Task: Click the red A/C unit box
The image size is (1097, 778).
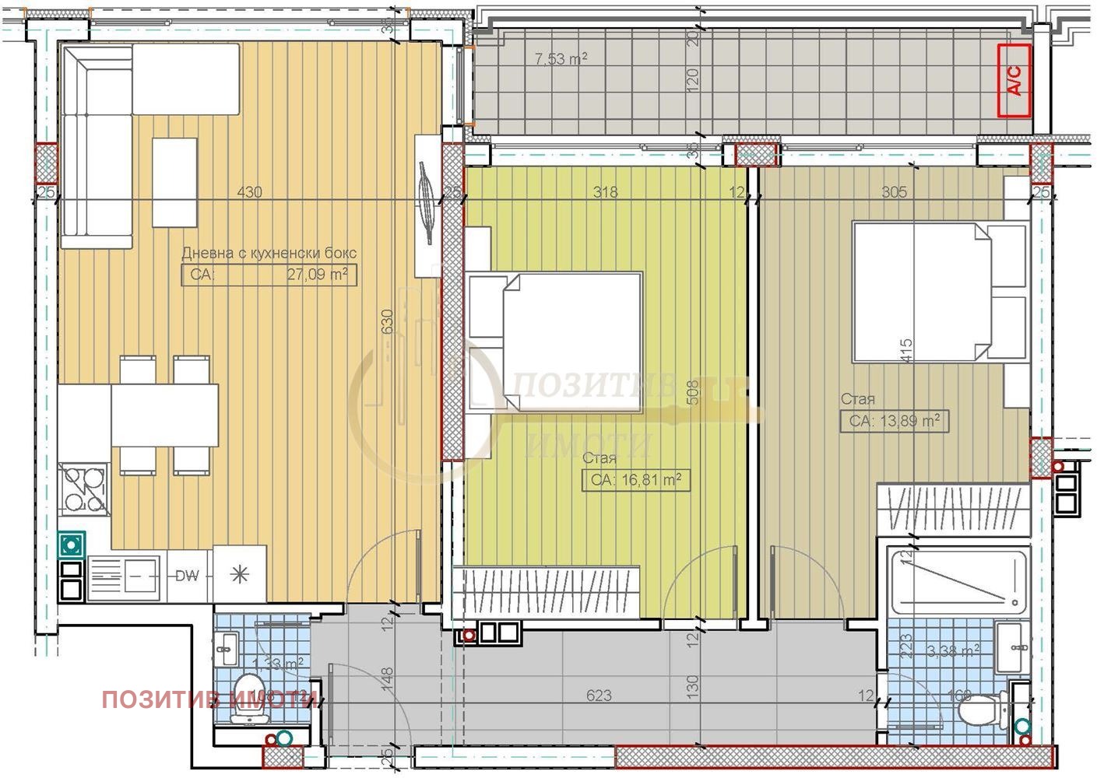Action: tap(1014, 80)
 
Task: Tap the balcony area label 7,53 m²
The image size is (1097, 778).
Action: tap(561, 58)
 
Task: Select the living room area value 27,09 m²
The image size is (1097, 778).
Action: tap(320, 275)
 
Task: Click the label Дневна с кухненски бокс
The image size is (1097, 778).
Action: tap(269, 253)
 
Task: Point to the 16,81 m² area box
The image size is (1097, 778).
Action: tap(636, 480)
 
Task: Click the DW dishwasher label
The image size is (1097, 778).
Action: tap(187, 576)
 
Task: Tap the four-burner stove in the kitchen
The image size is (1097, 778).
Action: tap(85, 488)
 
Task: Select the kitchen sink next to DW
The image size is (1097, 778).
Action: tap(125, 577)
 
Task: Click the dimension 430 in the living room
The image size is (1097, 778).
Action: tap(249, 192)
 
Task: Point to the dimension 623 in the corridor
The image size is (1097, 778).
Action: tap(599, 696)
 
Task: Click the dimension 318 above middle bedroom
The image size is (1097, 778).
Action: tap(605, 192)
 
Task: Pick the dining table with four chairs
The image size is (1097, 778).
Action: tap(164, 415)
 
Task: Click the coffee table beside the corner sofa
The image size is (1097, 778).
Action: tap(174, 182)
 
